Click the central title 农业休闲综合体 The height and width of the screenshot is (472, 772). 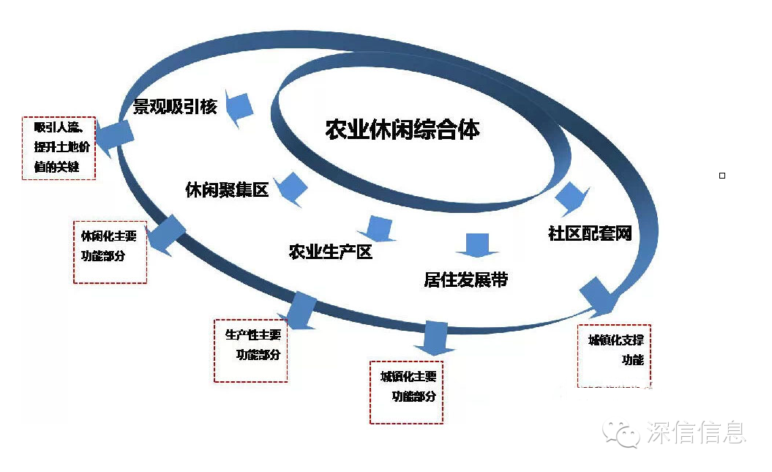[402, 130]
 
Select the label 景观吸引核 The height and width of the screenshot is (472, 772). [175, 107]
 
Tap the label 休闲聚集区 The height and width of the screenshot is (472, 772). [227, 190]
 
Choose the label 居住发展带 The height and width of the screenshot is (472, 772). [465, 280]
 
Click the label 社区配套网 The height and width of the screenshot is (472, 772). [589, 233]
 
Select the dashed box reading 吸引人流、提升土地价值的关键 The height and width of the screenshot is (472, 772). [59, 148]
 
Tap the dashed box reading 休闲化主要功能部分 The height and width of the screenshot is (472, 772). [110, 252]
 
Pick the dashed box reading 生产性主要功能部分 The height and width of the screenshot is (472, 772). [250, 350]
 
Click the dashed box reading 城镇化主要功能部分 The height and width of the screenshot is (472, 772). [407, 392]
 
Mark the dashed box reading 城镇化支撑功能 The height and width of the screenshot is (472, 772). [614, 356]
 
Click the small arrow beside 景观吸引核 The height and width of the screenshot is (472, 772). [240, 108]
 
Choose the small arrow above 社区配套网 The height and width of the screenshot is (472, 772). [571, 196]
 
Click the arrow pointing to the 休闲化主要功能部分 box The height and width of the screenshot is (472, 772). [166, 234]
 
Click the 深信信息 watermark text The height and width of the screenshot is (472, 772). [695, 432]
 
